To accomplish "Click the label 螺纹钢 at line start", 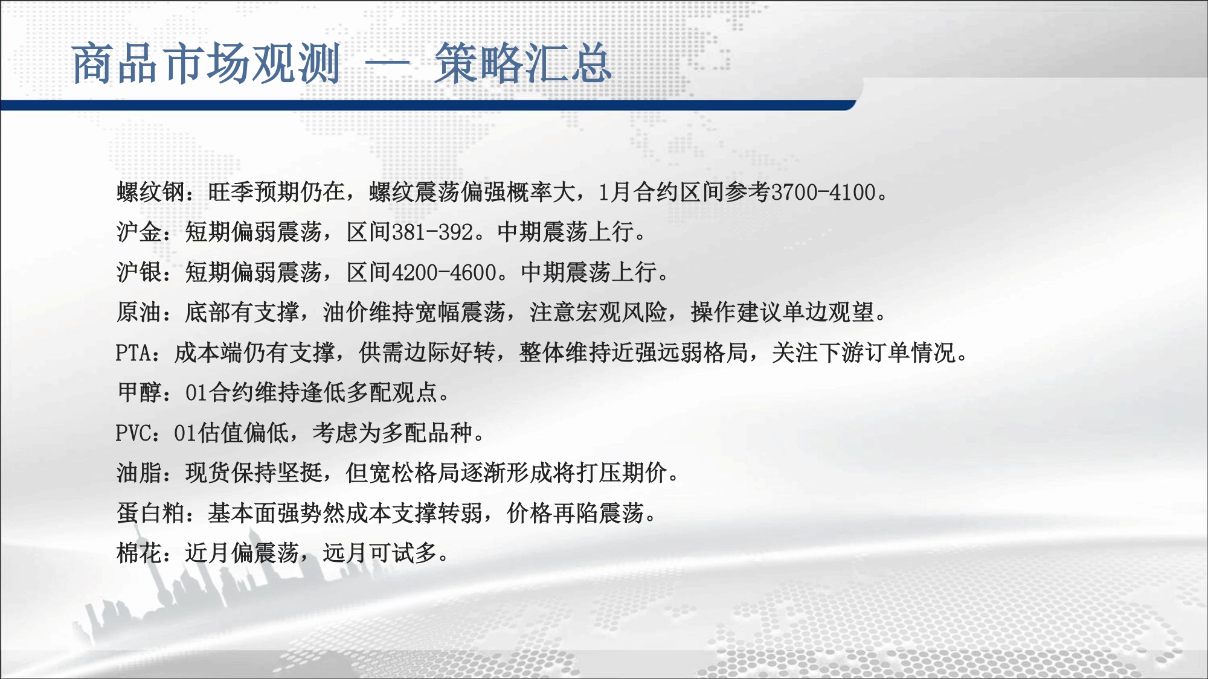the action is (x=150, y=192).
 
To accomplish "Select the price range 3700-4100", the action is (x=823, y=192).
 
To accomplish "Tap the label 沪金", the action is (x=139, y=232).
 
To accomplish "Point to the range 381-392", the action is (x=432, y=232).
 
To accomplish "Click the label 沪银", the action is (x=139, y=272).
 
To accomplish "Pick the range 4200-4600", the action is (x=444, y=272).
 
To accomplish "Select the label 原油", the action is (x=139, y=312).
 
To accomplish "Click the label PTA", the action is (x=133, y=352).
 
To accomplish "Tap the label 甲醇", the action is (x=140, y=392).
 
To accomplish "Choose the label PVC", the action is (x=133, y=433).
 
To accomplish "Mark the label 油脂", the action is (x=139, y=473).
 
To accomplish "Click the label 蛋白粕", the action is (x=150, y=513).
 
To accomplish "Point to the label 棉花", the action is (x=139, y=553).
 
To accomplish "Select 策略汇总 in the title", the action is (x=523, y=63).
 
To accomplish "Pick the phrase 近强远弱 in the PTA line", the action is (x=657, y=352).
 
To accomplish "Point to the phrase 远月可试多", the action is (x=380, y=553).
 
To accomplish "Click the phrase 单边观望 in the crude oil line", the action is (x=829, y=312).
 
